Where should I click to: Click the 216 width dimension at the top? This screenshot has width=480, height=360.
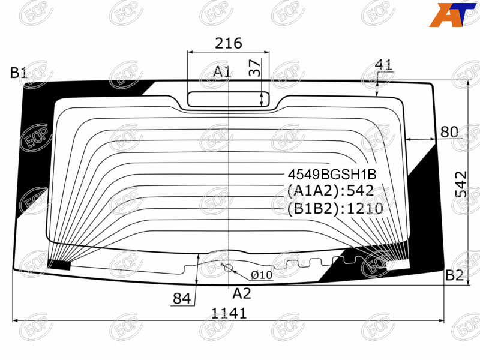(x=229, y=43)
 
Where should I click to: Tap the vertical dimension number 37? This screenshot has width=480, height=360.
(x=254, y=68)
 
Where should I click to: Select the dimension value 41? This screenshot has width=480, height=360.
(x=383, y=65)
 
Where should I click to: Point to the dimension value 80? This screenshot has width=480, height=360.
(x=449, y=132)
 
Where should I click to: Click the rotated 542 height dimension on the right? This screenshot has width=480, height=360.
(x=461, y=184)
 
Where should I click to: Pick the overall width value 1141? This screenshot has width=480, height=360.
(x=229, y=313)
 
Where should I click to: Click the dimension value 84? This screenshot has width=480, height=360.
(x=182, y=298)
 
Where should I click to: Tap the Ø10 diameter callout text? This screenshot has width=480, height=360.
(x=262, y=275)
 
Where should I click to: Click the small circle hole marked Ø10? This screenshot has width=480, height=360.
(x=229, y=268)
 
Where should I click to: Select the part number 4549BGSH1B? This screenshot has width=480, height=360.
(x=332, y=175)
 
